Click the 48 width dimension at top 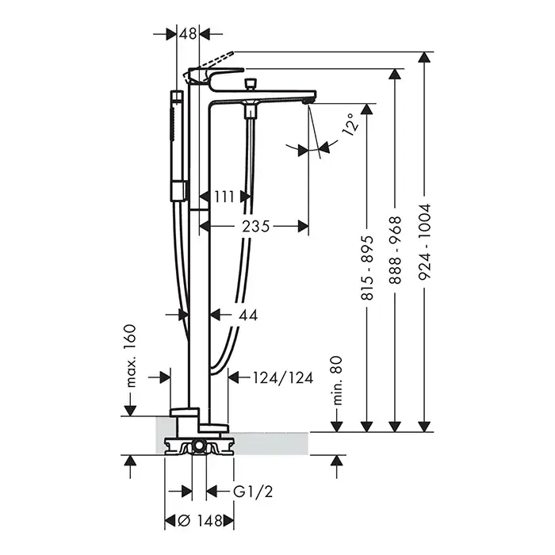click(x=188, y=34)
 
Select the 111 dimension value click(x=224, y=195)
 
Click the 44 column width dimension click(x=248, y=315)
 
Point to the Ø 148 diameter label click(x=198, y=521)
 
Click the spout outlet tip click(x=309, y=100)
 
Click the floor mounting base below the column click(x=199, y=446)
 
